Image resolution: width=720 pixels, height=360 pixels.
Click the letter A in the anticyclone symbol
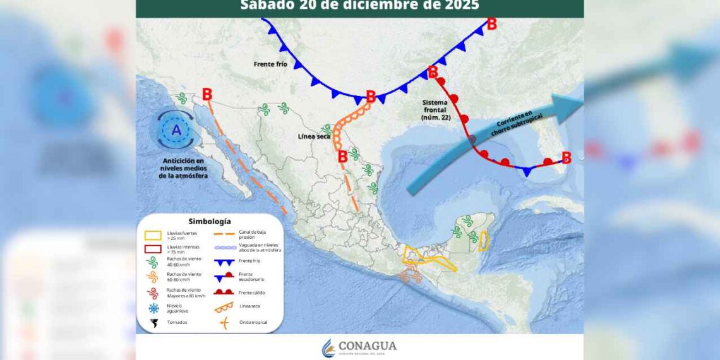(x=176, y=131)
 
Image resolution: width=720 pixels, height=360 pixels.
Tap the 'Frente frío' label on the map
(x=271, y=64)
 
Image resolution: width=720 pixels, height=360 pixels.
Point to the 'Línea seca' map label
(x=314, y=136)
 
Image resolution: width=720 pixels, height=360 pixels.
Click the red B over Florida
(x=566, y=158)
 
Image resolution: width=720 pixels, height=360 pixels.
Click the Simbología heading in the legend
(x=209, y=222)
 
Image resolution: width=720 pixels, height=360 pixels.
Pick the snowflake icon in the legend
(x=153, y=308)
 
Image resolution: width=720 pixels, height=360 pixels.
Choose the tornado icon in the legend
(x=153, y=323)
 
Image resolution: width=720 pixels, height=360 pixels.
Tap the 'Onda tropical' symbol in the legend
(x=224, y=323)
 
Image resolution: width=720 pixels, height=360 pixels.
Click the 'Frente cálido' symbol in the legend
(x=224, y=292)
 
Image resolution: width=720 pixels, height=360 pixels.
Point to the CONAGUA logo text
(x=368, y=346)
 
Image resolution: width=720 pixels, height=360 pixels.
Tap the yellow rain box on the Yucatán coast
(x=484, y=241)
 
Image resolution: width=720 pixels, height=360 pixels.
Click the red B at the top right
(x=491, y=24)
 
